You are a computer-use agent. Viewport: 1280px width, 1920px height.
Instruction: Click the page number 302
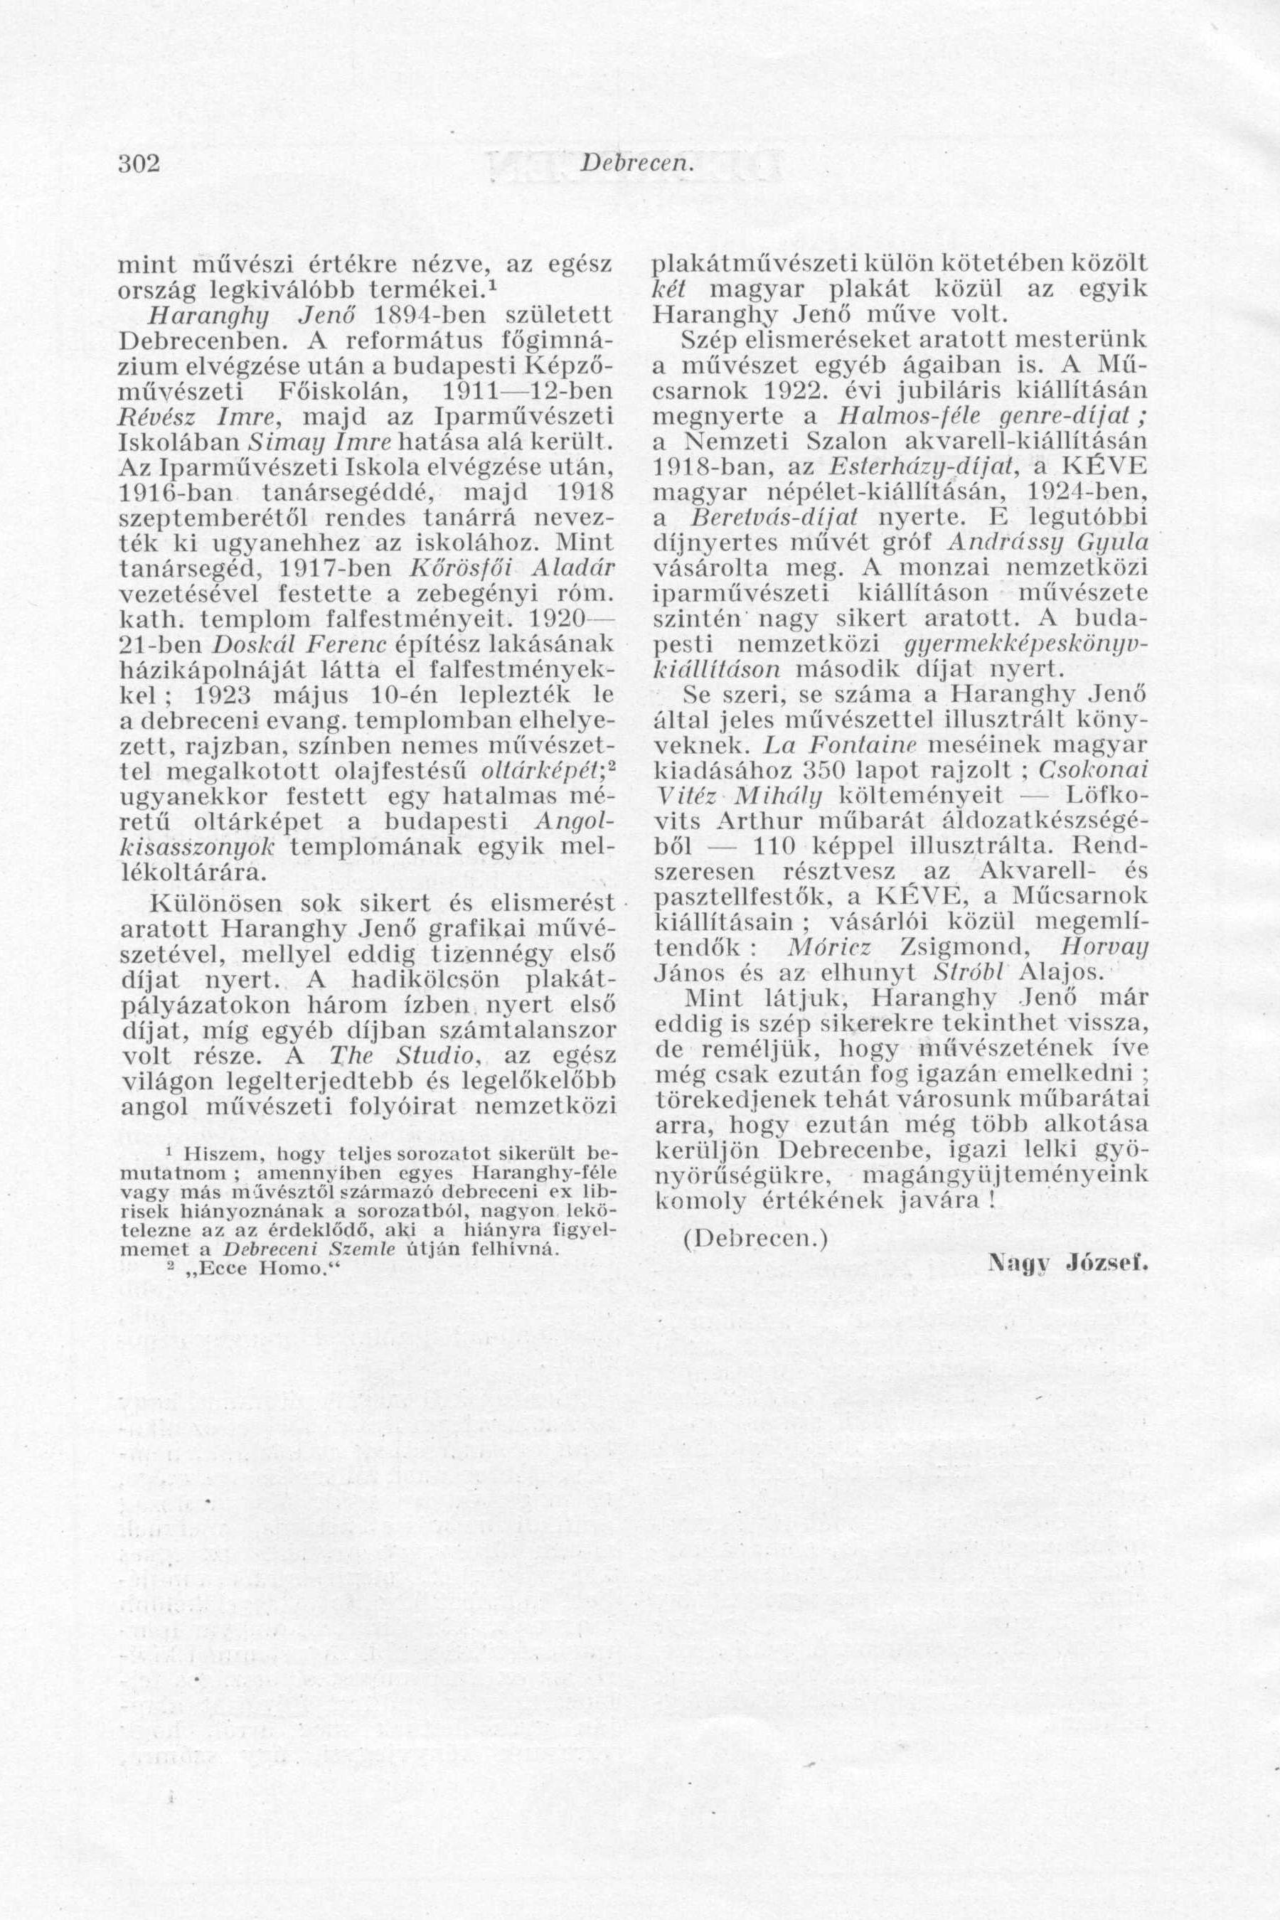click(138, 164)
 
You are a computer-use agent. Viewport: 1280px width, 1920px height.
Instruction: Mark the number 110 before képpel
click(772, 846)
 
